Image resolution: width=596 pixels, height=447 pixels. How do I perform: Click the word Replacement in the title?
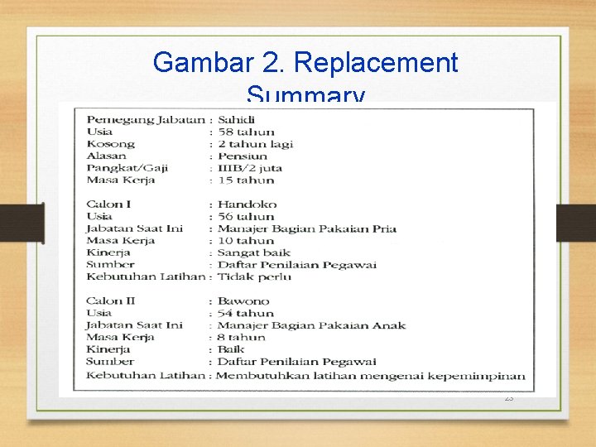tap(376, 62)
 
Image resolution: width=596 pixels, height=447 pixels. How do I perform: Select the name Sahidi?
tap(236, 119)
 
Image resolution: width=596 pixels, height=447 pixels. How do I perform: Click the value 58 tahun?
tap(246, 132)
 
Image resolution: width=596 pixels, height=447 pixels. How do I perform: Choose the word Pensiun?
tap(243, 156)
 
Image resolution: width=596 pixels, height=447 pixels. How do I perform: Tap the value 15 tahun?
tap(245, 180)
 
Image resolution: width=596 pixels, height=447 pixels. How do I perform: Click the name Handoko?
tap(247, 204)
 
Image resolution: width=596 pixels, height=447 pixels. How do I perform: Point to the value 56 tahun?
tap(246, 216)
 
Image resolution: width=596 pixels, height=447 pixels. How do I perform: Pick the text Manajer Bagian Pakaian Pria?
tap(307, 228)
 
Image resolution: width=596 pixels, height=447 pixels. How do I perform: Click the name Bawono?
tap(243, 301)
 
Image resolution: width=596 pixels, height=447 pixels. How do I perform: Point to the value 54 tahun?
tap(246, 313)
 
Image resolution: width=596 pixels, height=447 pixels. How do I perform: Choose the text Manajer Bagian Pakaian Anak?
tap(312, 325)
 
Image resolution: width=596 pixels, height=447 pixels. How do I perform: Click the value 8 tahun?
tap(242, 337)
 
